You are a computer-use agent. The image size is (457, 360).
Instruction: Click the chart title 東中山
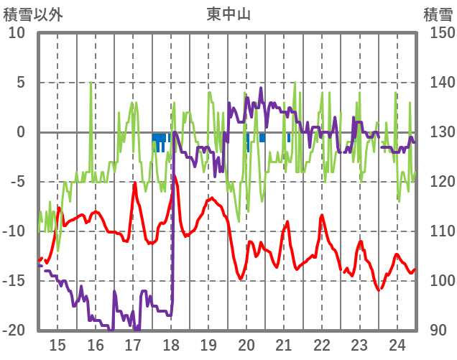coord(228,14)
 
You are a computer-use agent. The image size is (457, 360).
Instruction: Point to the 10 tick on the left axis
coord(17,33)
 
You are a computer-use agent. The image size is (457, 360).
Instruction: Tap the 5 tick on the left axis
coord(21,83)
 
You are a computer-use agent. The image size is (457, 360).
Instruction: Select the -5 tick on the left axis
coord(18,182)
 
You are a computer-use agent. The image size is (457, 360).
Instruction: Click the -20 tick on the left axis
coord(14,331)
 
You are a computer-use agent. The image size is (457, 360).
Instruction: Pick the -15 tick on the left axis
coord(14,281)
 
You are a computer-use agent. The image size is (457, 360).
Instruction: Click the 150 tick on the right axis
coord(437,33)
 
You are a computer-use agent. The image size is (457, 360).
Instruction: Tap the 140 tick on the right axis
coord(437,83)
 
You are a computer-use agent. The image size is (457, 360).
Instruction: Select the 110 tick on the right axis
coord(437,231)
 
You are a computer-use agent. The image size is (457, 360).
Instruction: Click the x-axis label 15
coord(57,344)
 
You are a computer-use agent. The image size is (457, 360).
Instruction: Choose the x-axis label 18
coord(171,344)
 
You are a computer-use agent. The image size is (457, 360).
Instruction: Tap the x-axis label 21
coord(284,344)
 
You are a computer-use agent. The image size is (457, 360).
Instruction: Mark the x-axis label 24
coord(397,344)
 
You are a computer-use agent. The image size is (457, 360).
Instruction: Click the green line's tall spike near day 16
coord(91,84)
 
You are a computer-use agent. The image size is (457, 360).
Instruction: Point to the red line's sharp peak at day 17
coord(134,183)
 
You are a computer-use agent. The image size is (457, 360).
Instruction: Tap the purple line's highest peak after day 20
coord(261,89)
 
